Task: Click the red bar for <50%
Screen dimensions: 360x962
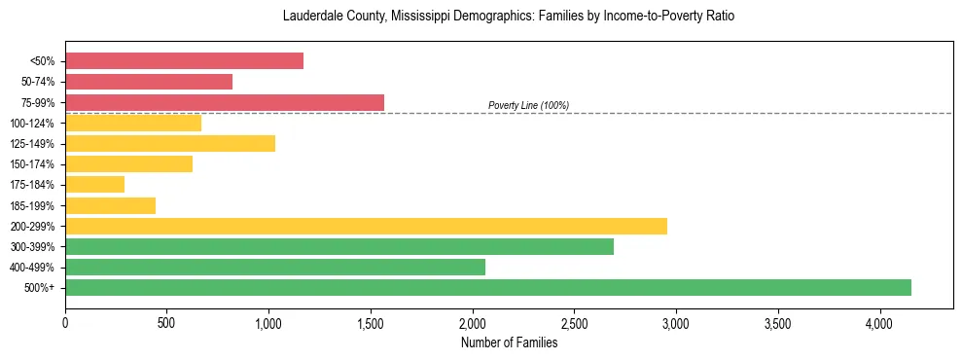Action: pos(184,61)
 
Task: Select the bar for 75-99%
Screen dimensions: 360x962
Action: pos(225,102)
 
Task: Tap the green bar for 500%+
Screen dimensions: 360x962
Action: pos(488,287)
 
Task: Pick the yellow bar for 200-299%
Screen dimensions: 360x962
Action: pos(366,226)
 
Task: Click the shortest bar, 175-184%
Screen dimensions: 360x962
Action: pos(95,184)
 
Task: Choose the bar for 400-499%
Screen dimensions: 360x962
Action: pos(275,267)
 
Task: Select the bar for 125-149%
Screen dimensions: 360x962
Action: pos(170,143)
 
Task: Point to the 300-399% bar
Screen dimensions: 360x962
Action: pos(339,246)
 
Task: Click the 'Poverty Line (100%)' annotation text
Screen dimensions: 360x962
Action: pos(528,105)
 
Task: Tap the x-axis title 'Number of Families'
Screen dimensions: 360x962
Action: pos(509,342)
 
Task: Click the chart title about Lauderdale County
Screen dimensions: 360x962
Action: pos(509,17)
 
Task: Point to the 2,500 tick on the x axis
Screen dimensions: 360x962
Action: pos(574,323)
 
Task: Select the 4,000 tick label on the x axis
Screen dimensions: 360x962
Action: pos(879,323)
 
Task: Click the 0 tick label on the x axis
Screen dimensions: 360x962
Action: pos(65,323)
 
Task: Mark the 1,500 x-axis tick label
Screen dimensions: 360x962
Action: pos(371,323)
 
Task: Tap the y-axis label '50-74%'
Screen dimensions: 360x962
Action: pos(38,82)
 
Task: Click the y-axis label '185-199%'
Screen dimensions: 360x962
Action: pos(35,205)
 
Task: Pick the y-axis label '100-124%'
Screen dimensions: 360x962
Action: pos(35,123)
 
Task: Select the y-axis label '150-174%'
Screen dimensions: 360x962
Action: pos(35,164)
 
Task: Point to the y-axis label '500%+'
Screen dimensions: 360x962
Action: pos(40,288)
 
